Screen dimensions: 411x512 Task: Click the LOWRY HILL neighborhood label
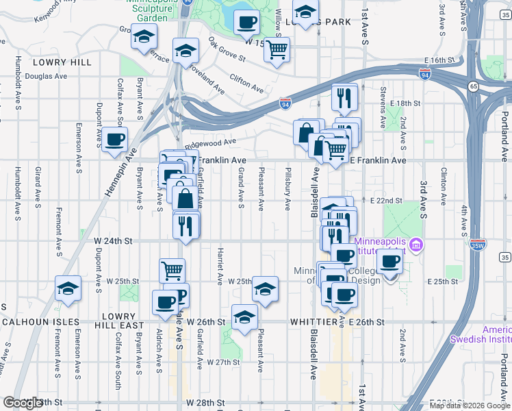tap(62, 62)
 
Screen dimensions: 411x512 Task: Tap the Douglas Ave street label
tap(44, 76)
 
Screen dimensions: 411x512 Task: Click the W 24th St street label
tap(112, 241)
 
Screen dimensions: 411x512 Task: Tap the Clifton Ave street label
tap(246, 84)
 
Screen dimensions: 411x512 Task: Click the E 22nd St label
tap(385, 200)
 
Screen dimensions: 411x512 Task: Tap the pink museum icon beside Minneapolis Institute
tap(415, 244)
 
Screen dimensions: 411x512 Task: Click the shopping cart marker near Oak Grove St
tap(277, 49)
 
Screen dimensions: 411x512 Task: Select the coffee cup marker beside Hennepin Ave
tap(114, 140)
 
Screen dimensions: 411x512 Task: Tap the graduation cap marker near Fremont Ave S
tap(68, 288)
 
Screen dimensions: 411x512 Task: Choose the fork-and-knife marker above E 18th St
tap(344, 97)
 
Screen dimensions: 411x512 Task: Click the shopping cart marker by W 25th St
tap(172, 269)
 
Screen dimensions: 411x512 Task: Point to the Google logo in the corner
tap(23, 403)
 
